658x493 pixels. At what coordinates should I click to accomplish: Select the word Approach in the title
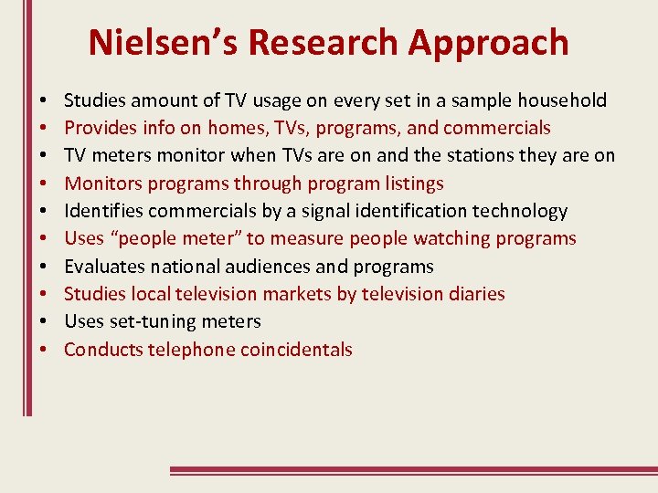pyautogui.click(x=489, y=43)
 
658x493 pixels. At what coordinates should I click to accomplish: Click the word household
pyautogui.click(x=564, y=100)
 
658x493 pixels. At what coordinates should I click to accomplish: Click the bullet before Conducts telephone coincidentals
pyautogui.click(x=44, y=351)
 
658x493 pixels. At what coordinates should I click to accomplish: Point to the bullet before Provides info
pyautogui.click(x=44, y=129)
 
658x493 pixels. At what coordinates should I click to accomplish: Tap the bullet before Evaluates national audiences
pyautogui.click(x=44, y=267)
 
